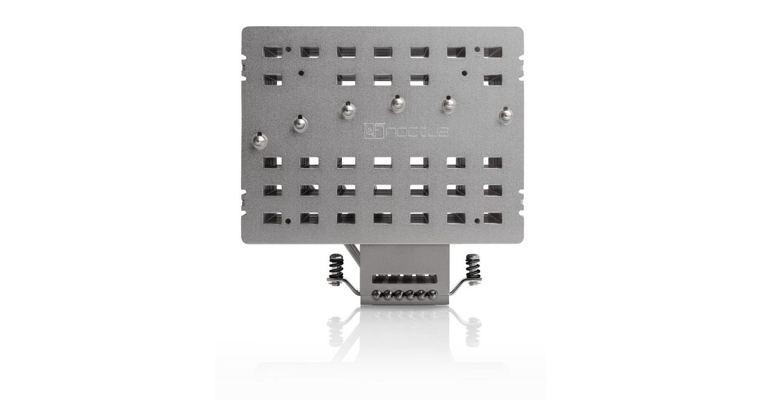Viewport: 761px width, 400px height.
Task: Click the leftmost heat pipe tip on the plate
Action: click(260, 140)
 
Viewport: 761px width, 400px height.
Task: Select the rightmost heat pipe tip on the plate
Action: click(505, 116)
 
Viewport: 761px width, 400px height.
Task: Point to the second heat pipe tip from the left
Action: click(301, 124)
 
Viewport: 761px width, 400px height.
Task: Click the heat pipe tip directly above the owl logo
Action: click(398, 104)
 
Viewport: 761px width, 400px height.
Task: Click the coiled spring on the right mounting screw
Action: click(472, 266)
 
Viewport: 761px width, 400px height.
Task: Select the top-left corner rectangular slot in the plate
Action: click(273, 52)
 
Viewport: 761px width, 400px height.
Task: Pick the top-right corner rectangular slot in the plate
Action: click(493, 52)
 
